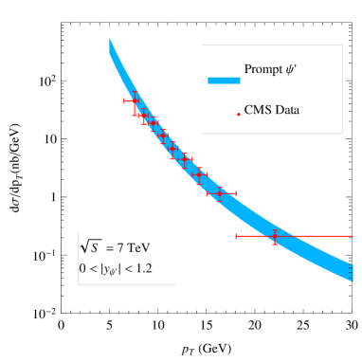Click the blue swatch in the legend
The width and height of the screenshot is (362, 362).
click(224, 81)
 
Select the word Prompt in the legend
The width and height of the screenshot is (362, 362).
click(263, 69)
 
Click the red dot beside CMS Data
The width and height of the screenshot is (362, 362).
click(238, 114)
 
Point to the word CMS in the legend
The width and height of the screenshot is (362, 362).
click(256, 111)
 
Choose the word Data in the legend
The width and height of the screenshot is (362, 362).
click(285, 111)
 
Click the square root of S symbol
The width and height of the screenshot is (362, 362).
click(91, 246)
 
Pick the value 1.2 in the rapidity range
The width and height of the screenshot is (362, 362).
click(142, 268)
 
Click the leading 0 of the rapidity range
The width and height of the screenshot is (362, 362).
click(82, 268)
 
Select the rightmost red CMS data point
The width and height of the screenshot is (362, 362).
click(275, 236)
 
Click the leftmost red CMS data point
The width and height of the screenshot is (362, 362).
click(134, 100)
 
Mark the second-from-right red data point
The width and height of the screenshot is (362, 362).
click(221, 193)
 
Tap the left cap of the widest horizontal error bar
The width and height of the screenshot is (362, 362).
click(236, 236)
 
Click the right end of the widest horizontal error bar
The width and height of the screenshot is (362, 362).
click(353, 236)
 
